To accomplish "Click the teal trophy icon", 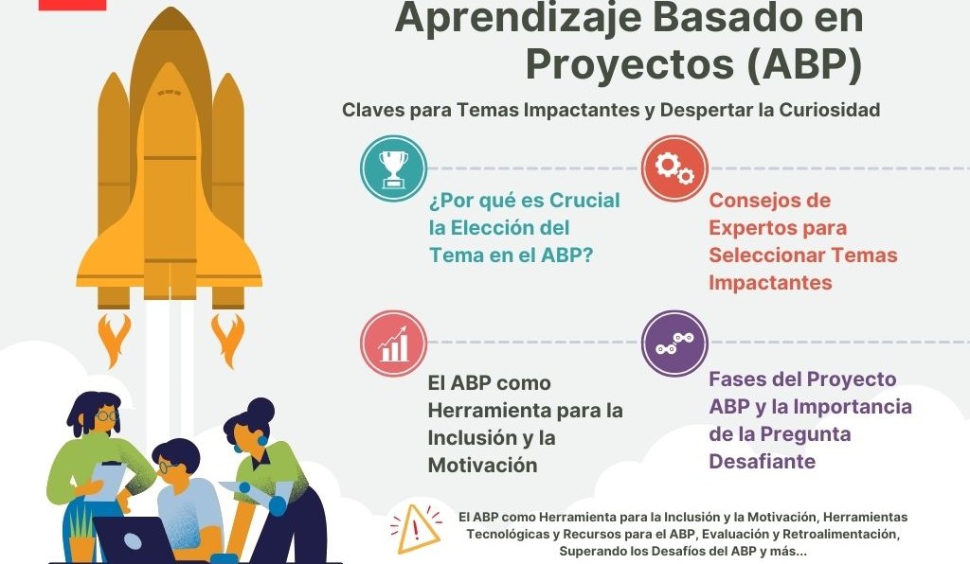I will pos(393,168).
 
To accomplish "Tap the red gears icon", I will pos(674,168).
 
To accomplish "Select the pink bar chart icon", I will pos(393,344).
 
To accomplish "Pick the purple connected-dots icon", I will pos(674,343).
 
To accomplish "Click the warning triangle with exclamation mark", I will pos(419,530).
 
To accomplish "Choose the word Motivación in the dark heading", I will pos(483,465).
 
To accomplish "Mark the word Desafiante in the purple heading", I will pos(763,462).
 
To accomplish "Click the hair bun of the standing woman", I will pos(260,409).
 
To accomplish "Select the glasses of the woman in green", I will pos(106,415).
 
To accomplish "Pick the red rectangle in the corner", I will pos(72,4).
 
